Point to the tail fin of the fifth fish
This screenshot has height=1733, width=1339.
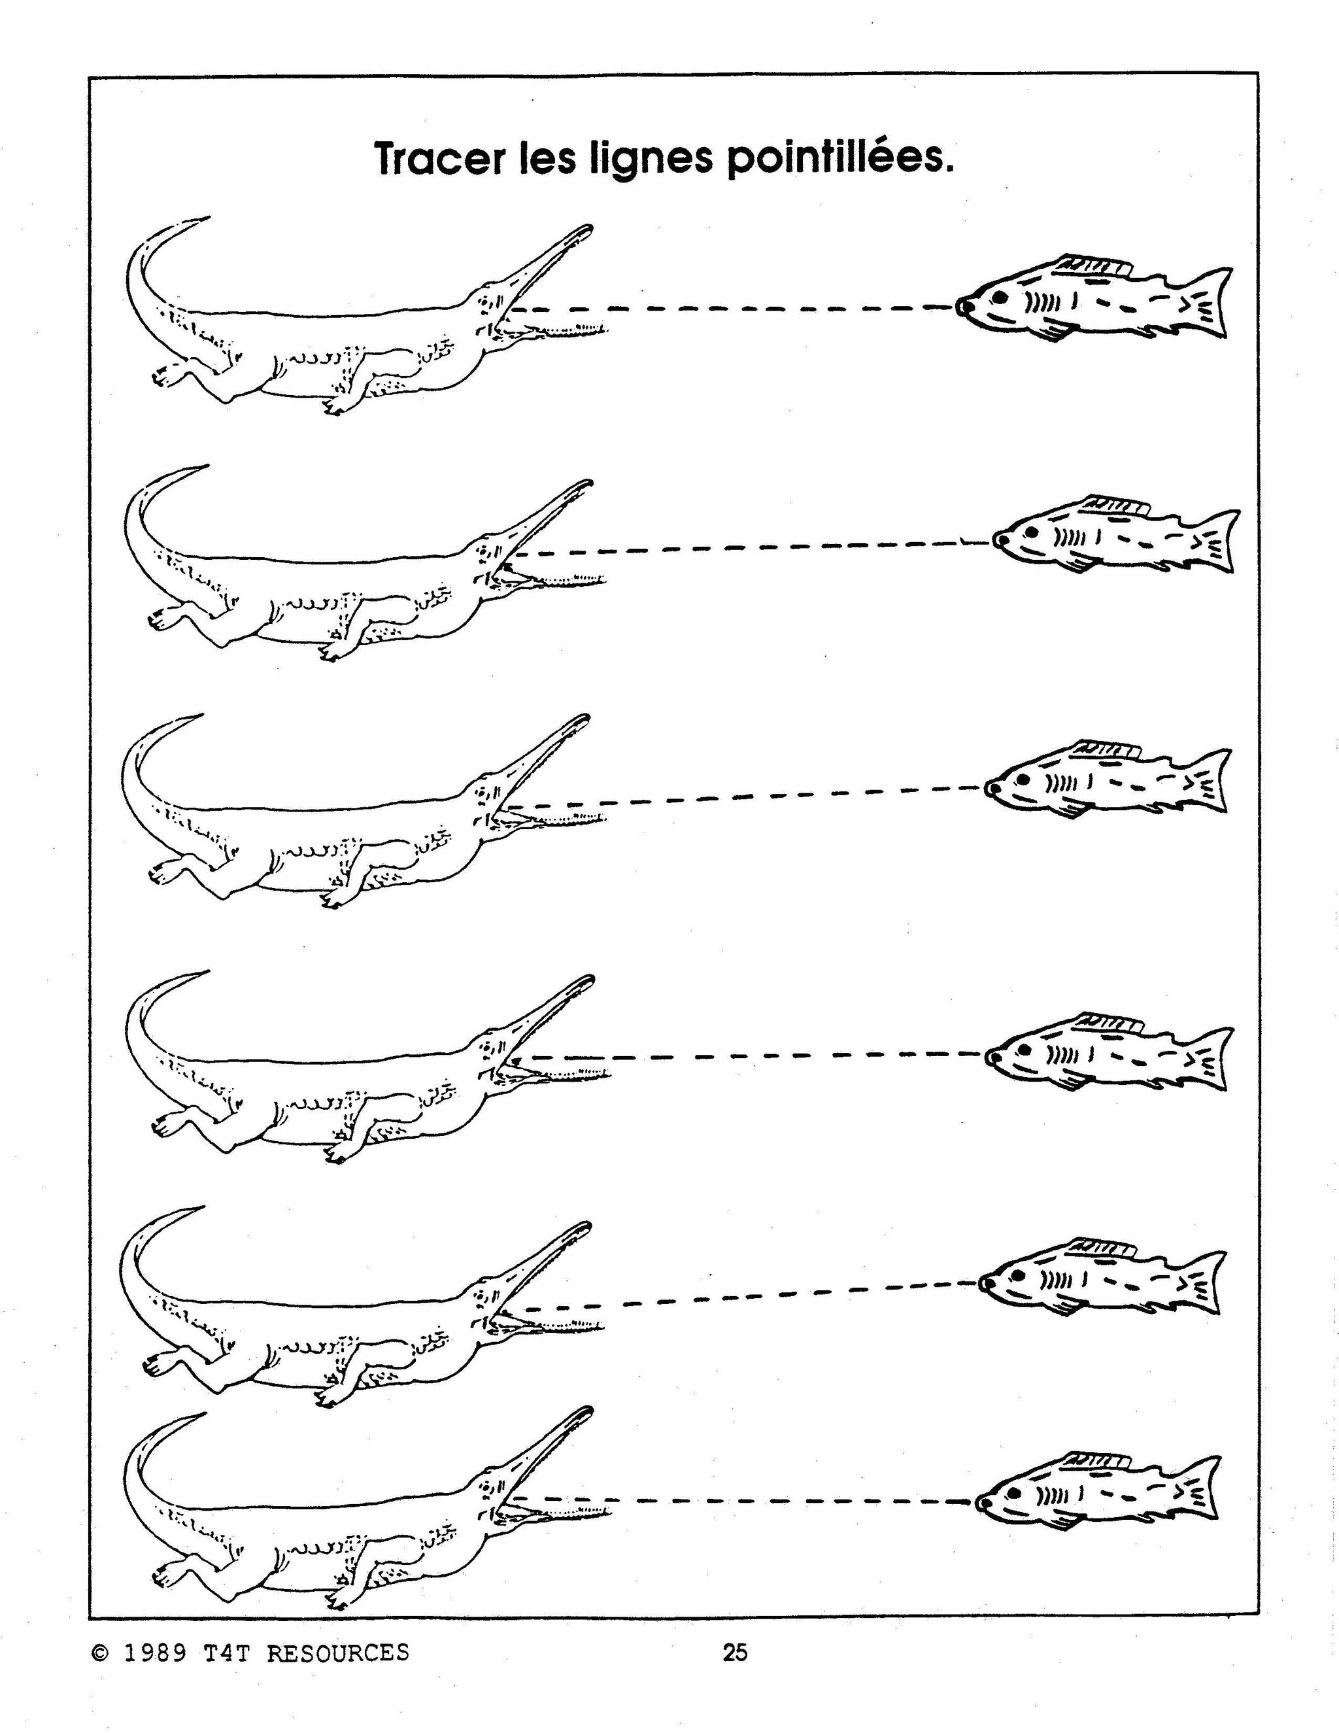1206,1283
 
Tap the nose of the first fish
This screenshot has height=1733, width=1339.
962,305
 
